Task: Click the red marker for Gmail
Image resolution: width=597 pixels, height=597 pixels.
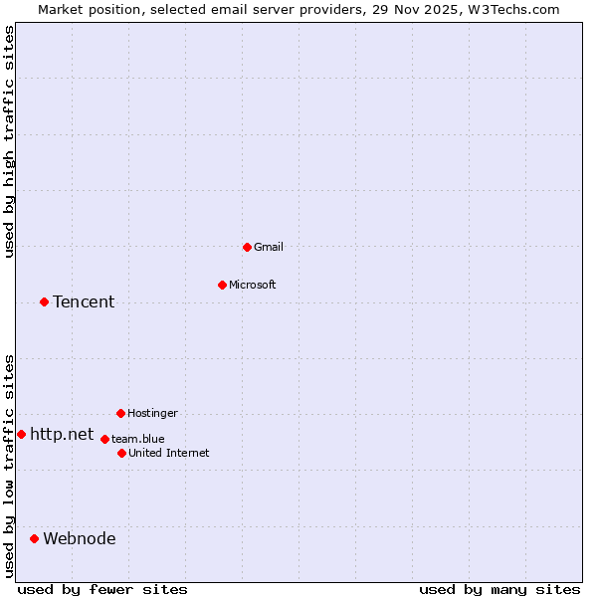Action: pos(248,247)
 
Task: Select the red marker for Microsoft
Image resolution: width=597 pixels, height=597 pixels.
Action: pos(223,285)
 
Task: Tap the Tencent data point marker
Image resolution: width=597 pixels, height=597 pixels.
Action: pos(44,301)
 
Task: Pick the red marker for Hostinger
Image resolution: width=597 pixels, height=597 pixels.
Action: pos(120,413)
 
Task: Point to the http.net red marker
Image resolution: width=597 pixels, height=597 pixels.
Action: pos(21,434)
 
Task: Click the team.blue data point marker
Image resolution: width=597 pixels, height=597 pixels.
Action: pos(104,439)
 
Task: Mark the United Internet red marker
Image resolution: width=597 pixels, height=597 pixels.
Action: pos(121,453)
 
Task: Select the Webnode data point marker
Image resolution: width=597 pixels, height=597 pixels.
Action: pos(34,538)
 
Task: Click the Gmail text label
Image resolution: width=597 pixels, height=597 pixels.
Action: pos(269,247)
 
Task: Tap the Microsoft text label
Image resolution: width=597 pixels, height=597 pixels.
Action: pos(253,285)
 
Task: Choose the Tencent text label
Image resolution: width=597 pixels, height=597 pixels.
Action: pos(84,301)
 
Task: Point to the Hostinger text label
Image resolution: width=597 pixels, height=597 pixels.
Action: pos(152,413)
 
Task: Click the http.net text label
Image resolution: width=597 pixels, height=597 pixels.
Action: pos(62,434)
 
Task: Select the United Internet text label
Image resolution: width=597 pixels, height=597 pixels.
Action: pos(169,453)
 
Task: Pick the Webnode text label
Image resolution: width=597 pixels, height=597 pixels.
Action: pos(80,538)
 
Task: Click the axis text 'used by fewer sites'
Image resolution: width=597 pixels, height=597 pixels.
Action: pos(102,589)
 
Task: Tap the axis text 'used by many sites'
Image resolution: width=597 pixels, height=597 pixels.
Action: pos(499,589)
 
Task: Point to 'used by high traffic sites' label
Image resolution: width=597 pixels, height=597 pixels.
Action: pos(9,141)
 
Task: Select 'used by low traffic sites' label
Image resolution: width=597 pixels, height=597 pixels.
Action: pos(9,466)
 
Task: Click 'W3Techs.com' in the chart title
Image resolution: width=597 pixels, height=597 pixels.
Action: pos(512,9)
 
